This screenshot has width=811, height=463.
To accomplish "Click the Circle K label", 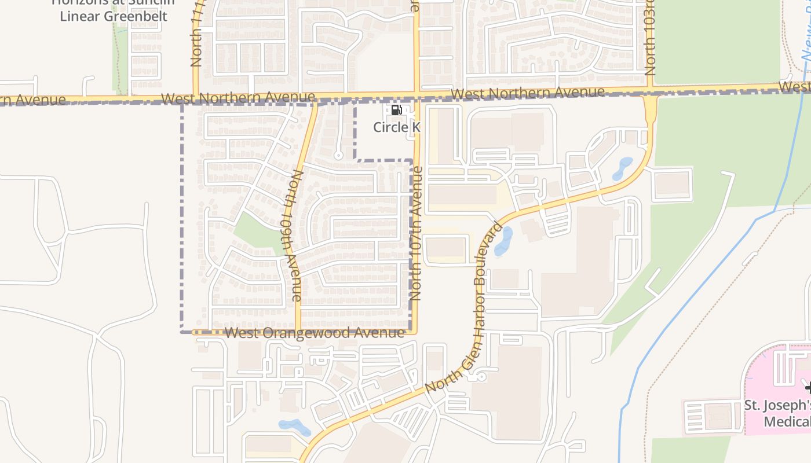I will click(x=396, y=127).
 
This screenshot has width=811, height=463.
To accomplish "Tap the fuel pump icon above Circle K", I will click(x=396, y=110).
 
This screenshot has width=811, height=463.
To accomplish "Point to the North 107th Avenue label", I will click(x=416, y=233).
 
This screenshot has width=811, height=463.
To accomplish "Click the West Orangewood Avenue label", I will click(x=314, y=333).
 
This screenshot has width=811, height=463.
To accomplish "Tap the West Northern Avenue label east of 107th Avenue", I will click(x=528, y=93).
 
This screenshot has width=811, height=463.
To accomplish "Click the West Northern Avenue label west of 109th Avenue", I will click(x=238, y=98).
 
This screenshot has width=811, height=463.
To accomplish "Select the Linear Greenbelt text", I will click(x=114, y=16).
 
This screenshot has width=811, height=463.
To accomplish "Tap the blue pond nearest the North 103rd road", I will click(x=623, y=167).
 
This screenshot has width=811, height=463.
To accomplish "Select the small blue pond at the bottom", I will click(x=295, y=427).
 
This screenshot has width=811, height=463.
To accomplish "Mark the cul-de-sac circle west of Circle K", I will click(x=338, y=155).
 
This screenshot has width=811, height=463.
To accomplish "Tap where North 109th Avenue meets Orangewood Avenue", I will click(x=298, y=332).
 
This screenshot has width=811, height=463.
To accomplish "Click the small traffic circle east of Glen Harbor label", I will click(x=481, y=377).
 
